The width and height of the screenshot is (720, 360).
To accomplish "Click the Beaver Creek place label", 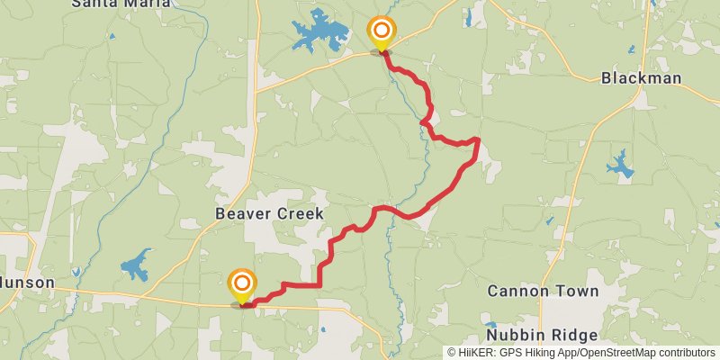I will [x=269, y=213].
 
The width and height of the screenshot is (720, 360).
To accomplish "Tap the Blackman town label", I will [x=641, y=78].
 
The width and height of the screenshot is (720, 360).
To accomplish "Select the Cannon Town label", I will [x=543, y=291].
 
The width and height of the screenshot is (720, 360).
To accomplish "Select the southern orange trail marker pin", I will [x=241, y=285].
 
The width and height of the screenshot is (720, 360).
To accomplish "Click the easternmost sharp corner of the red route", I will [x=477, y=140].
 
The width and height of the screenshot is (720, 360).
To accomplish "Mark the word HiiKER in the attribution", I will [x=478, y=353].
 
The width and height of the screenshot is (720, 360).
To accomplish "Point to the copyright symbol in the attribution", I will [x=452, y=353].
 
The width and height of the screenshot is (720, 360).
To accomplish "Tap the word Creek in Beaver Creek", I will [x=299, y=213].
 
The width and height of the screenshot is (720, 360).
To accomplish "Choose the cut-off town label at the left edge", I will [x=26, y=283].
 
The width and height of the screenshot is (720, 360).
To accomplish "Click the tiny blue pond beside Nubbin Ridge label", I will [x=490, y=325].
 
